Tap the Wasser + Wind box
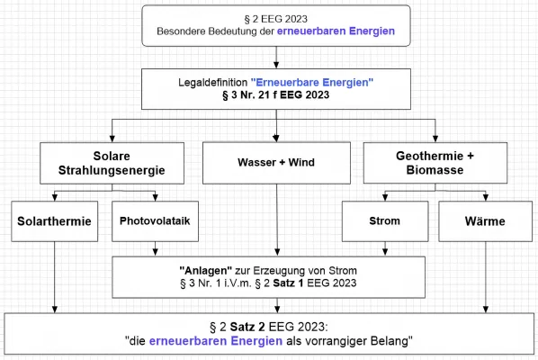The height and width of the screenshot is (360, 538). click(276, 164)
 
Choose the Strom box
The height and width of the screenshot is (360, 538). click(384, 220)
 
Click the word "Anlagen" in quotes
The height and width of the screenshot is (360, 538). click(200, 270)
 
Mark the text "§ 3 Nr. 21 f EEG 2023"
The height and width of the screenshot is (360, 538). click(276, 95)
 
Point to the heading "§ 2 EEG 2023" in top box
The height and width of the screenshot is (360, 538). click(276, 18)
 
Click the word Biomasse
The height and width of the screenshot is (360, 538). click(435, 171)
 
